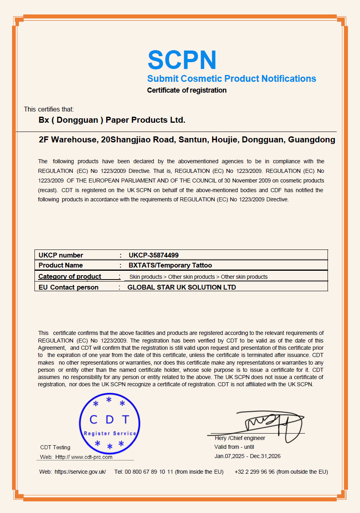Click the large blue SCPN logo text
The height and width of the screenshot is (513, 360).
[182, 60]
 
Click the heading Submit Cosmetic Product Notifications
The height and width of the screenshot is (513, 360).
[231, 79]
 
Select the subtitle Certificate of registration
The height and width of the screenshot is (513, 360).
[187, 90]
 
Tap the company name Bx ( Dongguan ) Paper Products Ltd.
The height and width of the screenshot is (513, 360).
[112, 120]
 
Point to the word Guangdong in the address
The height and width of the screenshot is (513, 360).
[311, 140]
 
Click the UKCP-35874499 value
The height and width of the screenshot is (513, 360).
[154, 255]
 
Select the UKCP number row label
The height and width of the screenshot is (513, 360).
[61, 255]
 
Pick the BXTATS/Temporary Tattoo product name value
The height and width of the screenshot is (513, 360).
[170, 265]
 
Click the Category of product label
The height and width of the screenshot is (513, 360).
[70, 276]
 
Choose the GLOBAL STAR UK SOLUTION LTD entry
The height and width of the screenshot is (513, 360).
[182, 287]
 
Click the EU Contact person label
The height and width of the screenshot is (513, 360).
[69, 287]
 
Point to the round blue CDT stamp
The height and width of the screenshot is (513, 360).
[109, 423]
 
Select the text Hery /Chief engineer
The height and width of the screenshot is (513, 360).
[240, 438]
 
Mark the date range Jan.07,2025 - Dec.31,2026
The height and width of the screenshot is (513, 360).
[247, 456]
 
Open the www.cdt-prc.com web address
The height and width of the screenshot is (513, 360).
[91, 457]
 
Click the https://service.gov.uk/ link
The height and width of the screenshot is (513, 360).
[80, 472]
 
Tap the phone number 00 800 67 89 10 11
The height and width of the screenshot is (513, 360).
[149, 472]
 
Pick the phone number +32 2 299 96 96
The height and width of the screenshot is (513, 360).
[255, 472]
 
